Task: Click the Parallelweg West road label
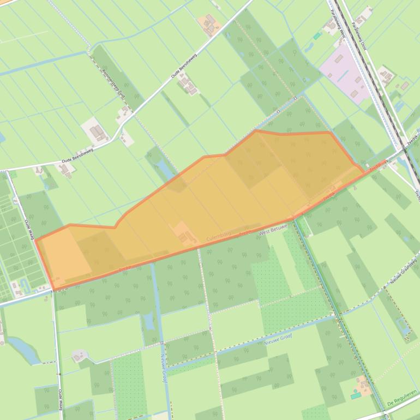337,25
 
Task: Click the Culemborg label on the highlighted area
219,238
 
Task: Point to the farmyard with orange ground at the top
209,24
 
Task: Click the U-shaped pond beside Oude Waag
25,284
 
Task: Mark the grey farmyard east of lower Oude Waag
79,356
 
